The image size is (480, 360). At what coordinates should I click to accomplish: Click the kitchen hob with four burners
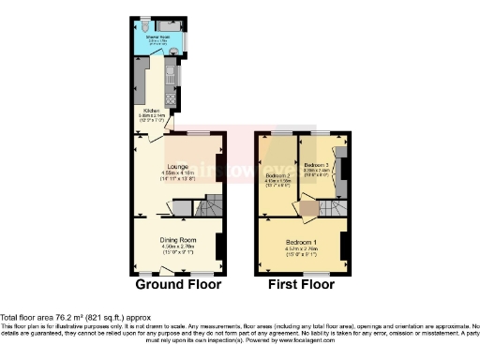coord(171,99)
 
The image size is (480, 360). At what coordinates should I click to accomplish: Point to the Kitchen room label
coord(149,109)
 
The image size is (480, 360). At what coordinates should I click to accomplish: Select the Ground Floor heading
coord(178,283)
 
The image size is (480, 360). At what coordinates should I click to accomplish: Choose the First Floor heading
coord(302,283)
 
